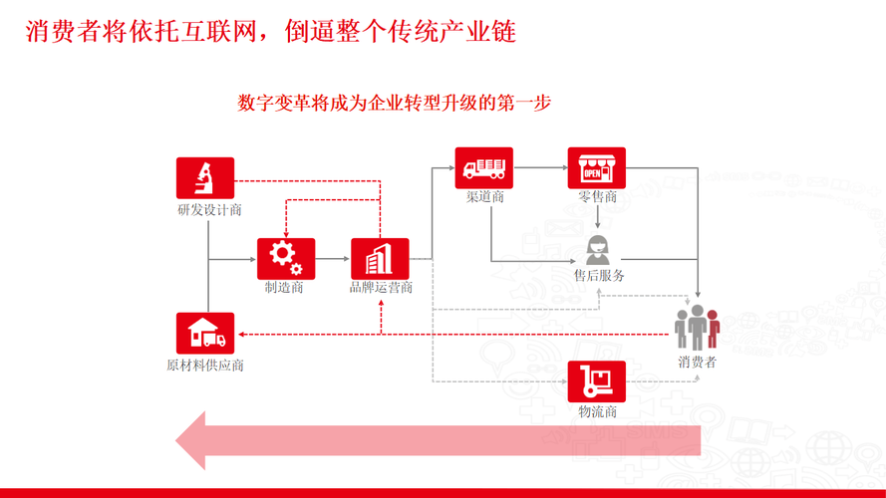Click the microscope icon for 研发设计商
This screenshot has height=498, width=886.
[205, 178]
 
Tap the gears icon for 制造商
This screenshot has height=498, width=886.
[286, 258]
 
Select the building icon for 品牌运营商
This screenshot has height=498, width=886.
[380, 259]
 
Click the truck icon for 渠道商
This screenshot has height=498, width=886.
[484, 167]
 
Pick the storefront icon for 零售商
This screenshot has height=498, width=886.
[597, 167]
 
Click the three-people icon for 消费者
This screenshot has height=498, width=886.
[697, 328]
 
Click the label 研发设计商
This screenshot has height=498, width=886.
[209, 210]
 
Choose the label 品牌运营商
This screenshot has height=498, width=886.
[381, 289]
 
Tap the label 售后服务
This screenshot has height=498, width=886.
[599, 276]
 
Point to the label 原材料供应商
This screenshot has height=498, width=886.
[205, 365]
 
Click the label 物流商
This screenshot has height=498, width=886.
[597, 411]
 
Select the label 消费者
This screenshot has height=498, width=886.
[697, 362]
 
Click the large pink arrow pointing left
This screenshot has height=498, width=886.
[439, 439]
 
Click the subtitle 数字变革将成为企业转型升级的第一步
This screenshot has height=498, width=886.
[395, 103]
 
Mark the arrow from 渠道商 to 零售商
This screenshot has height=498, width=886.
[540, 167]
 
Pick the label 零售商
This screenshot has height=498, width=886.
[598, 196]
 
